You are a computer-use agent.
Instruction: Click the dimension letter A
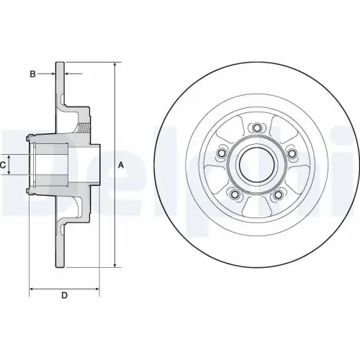pos(122,165)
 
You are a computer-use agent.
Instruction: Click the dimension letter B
pos(32,73)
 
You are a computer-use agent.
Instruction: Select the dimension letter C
pos(4,165)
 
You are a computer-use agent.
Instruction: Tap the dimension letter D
pos(63,296)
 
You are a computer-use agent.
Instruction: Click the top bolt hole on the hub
pos(256,128)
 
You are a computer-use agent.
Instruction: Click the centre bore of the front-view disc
pos(256,165)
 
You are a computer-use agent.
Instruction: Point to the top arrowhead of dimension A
pos(114,66)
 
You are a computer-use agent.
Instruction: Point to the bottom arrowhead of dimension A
pos(114,266)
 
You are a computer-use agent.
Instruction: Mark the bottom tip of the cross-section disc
pos(61,267)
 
